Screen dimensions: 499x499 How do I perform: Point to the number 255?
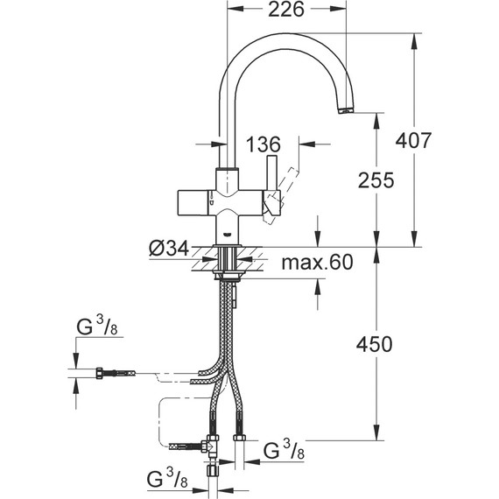pos(377,180)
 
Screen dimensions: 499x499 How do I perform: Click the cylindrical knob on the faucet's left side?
pos(193,200)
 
